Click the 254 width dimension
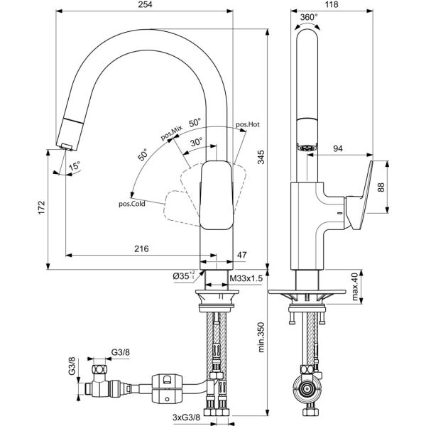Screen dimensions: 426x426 (x=146, y=6)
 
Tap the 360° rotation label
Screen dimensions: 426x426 (x=308, y=18)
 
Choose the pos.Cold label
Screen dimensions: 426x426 (x=132, y=204)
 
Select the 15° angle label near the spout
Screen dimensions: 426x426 (x=74, y=168)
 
